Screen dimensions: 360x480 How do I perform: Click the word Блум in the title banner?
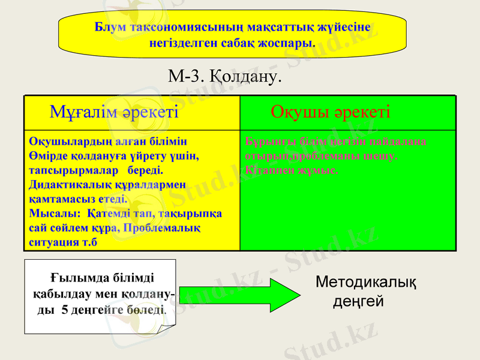(109, 27)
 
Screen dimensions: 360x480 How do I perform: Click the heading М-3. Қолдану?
(225, 76)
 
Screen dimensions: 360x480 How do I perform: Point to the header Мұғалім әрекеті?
(114, 112)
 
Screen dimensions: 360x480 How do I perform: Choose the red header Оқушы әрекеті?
(331, 112)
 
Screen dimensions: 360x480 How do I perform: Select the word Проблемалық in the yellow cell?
(161, 228)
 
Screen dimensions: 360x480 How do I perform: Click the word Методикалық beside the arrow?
(366, 281)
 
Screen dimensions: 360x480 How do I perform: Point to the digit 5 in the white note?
(65, 311)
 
